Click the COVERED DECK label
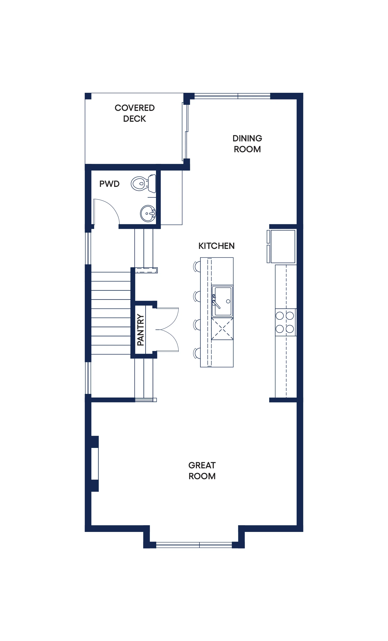[135, 113]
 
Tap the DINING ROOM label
[247, 144]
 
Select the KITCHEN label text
[217, 246]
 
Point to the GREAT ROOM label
[202, 471]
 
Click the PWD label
[109, 184]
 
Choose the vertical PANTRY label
[140, 330]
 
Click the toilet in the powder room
[144, 184]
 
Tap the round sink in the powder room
[148, 213]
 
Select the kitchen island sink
[222, 301]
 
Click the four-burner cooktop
[285, 322]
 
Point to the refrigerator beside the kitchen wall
[282, 246]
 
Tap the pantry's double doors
[167, 330]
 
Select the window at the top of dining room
[232, 96]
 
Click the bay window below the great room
[194, 545]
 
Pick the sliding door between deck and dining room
[185, 132]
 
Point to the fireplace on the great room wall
[95, 464]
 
